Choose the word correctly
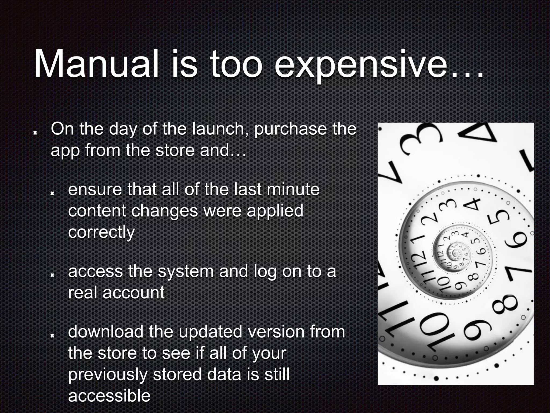click(x=101, y=232)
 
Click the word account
click(x=133, y=293)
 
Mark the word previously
click(x=107, y=375)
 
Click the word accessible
click(x=109, y=396)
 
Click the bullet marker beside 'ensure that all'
click(x=52, y=193)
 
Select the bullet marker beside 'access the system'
click(x=52, y=275)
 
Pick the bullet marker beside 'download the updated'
click(x=52, y=335)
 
